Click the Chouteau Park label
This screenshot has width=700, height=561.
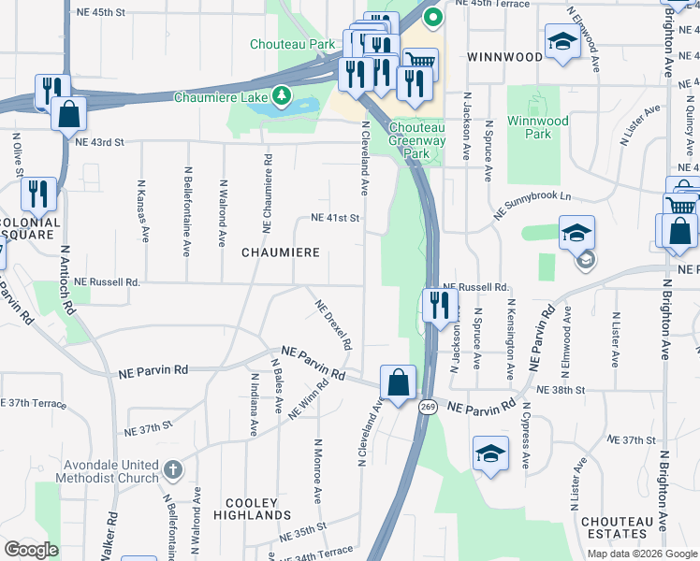[x=292, y=44]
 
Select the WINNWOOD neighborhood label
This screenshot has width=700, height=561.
[x=504, y=57]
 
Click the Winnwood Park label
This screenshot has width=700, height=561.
[x=537, y=127]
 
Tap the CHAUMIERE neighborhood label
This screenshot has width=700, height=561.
[x=281, y=252]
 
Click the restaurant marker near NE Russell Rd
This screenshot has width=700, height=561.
[x=436, y=305]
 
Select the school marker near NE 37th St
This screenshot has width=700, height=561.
[x=490, y=453]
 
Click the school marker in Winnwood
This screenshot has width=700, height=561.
[x=561, y=41]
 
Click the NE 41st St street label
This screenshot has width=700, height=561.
[x=335, y=218]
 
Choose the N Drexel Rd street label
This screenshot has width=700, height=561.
[x=333, y=324]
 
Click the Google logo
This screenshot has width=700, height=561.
[x=31, y=550]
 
